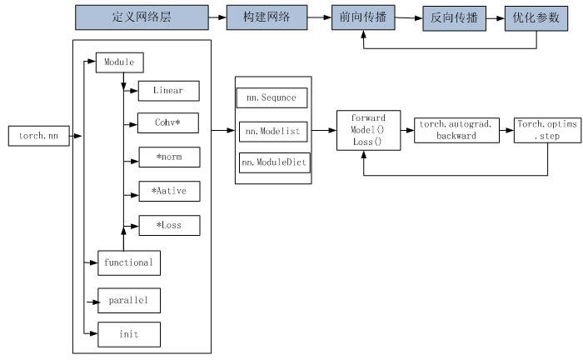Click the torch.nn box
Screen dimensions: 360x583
point(38,135)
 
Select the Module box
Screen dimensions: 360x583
point(120,62)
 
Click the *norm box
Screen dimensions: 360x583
point(168,158)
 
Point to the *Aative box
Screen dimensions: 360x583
point(168,192)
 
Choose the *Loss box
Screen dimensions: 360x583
point(168,225)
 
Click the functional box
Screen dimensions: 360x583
point(128,262)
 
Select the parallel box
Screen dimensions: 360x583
point(128,299)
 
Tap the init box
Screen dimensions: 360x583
point(128,334)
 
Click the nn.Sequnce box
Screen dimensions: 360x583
point(272,97)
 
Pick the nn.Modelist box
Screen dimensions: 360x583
point(273,131)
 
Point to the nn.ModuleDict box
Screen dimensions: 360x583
point(274,162)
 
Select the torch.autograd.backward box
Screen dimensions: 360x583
point(456,130)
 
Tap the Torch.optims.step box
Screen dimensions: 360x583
point(547,129)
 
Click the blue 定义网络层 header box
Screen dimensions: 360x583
point(141,17)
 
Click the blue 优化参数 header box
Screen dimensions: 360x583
point(535,17)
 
